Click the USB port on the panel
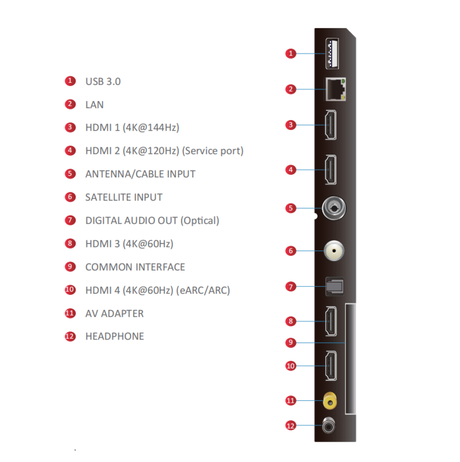click(x=332, y=54)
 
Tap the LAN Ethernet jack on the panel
click(x=335, y=89)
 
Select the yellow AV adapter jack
click(x=330, y=401)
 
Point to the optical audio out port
click(x=335, y=286)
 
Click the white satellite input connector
click(x=334, y=251)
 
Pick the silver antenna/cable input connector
click(x=334, y=208)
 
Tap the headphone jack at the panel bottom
click(x=329, y=426)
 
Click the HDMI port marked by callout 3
click(x=330, y=125)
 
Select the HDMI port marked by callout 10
click(x=330, y=366)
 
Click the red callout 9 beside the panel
click(x=291, y=342)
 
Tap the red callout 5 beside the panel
click(x=291, y=208)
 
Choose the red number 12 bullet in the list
click(x=70, y=336)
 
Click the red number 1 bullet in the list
click(x=70, y=81)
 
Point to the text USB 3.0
click(x=103, y=82)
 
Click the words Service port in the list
click(x=213, y=151)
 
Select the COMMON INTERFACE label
click(x=135, y=267)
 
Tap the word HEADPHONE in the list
click(x=115, y=336)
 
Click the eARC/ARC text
click(x=203, y=291)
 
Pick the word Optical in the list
click(x=200, y=221)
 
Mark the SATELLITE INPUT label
click(x=124, y=197)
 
